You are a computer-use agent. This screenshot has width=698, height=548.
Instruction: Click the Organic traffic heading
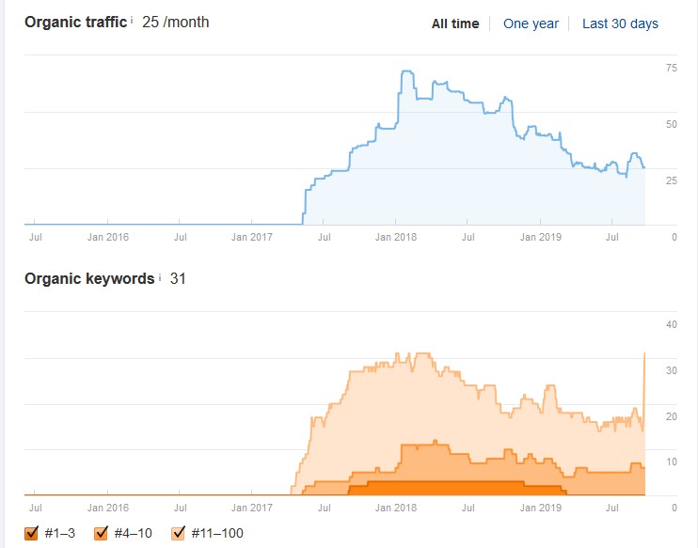tap(75, 23)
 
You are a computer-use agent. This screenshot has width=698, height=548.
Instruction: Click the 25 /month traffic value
tap(175, 23)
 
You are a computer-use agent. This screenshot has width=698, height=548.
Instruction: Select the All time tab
tap(455, 23)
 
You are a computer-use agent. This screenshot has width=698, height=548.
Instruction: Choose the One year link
tap(531, 23)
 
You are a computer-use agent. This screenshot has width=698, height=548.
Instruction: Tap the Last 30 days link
tap(620, 23)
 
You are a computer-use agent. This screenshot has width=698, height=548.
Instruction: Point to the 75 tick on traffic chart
tap(672, 68)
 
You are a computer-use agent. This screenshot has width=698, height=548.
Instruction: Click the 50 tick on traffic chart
tap(672, 124)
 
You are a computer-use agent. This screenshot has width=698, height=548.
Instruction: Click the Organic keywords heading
tap(89, 279)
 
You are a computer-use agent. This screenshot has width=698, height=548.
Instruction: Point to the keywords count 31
tap(178, 279)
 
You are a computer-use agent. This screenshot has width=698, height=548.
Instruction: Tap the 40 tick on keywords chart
tap(672, 324)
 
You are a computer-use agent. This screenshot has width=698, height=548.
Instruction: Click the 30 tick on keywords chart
tap(672, 370)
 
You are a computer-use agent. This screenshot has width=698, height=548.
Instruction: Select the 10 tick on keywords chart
tap(672, 462)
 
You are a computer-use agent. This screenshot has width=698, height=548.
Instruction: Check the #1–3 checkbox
tap(31, 533)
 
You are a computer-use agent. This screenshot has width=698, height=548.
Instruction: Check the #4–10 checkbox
tap(101, 533)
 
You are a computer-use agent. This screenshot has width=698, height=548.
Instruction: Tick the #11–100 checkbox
tap(178, 533)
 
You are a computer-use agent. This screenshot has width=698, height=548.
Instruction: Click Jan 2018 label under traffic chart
tap(396, 237)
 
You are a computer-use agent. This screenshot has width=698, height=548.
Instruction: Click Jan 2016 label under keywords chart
tap(108, 508)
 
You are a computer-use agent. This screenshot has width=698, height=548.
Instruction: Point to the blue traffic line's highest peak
tap(407, 70)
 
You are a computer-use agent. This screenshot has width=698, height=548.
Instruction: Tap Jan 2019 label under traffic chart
tap(540, 237)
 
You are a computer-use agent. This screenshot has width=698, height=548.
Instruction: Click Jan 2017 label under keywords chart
tap(251, 508)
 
